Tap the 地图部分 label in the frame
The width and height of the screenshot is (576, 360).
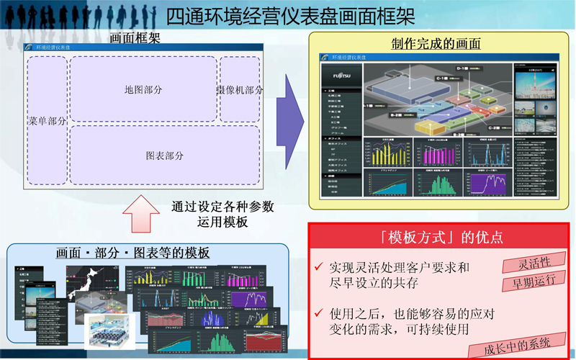pyautogui.click(x=143, y=90)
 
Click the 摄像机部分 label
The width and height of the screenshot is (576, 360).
pyautogui.click(x=240, y=90)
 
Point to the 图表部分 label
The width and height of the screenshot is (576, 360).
pyautogui.click(x=165, y=156)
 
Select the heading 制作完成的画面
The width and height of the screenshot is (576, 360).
pyautogui.click(x=436, y=44)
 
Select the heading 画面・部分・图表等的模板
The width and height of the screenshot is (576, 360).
pyautogui.click(x=133, y=253)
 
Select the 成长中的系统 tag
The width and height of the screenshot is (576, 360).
pyautogui.click(x=518, y=343)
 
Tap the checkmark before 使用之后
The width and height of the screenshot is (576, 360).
pyautogui.click(x=318, y=314)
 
